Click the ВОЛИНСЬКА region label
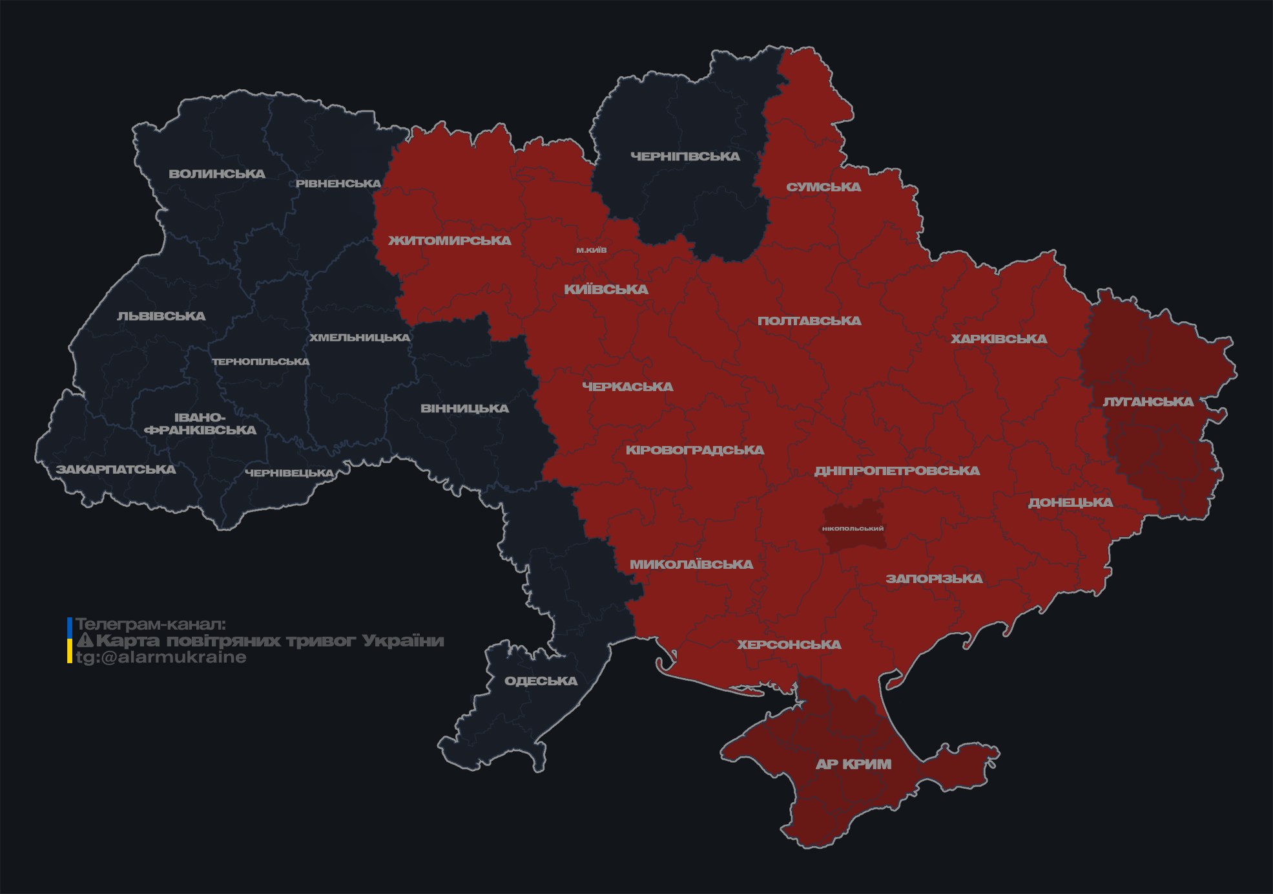[217, 174]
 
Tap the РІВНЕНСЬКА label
[338, 184]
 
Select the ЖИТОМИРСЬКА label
[450, 240]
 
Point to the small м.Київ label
[592, 250]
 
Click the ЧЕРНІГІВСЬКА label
[685, 156]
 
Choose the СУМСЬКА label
[823, 187]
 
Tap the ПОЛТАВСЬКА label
[809, 321]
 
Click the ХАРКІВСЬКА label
[999, 339]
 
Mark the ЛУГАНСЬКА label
[1148, 402]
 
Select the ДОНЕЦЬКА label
[1070, 502]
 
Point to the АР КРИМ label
[853, 764]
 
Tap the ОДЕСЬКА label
[541, 681]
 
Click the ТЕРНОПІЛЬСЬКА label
[261, 361]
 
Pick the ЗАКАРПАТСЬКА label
[116, 469]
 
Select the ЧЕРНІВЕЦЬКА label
[289, 473]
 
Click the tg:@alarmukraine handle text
[161, 657]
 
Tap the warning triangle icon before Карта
[85, 641]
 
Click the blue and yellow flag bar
[70, 641]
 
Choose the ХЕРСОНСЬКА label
[789, 644]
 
